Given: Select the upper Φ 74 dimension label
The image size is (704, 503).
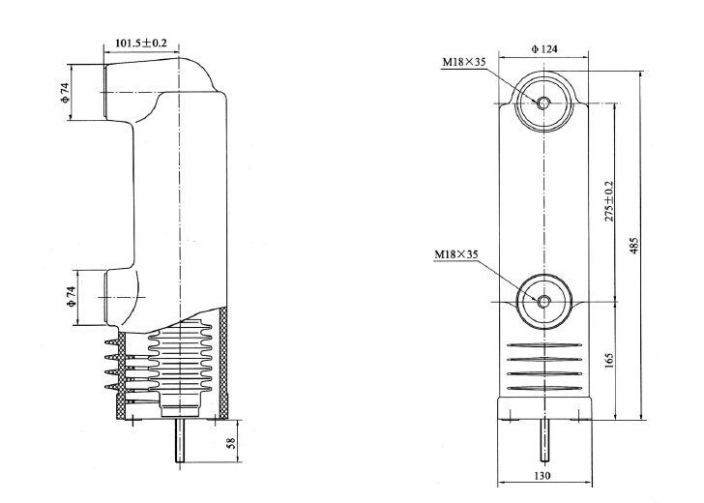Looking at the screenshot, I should [x=65, y=93].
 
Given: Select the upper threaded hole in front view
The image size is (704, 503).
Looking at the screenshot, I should [x=543, y=103].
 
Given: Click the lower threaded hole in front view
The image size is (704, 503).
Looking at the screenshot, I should [x=543, y=302].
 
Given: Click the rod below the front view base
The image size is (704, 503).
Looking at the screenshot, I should [x=543, y=443].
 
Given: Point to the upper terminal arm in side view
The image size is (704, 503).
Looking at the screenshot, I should [x=126, y=92].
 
